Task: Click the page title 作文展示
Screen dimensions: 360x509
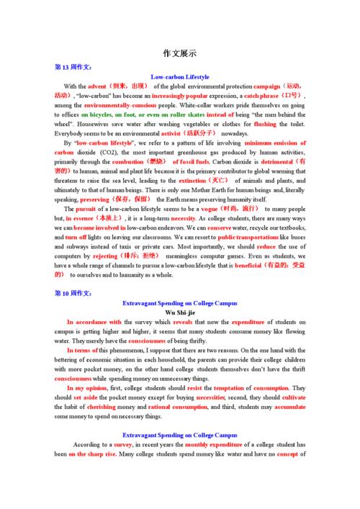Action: [180, 53]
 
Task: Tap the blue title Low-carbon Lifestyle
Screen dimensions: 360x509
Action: [180, 76]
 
